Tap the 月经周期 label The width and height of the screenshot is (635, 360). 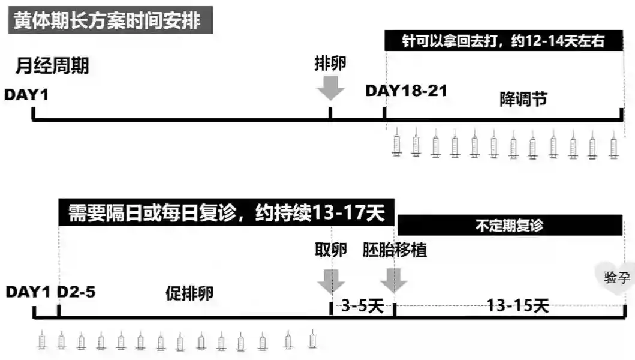click(x=52, y=65)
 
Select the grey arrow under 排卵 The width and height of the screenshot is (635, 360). click(x=330, y=88)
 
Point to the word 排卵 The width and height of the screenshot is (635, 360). click(x=330, y=64)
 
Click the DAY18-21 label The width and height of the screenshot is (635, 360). click(x=407, y=91)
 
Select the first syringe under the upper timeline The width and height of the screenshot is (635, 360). click(x=396, y=145)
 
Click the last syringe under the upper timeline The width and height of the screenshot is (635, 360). click(x=613, y=145)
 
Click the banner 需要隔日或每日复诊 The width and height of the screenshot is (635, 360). click(x=226, y=212)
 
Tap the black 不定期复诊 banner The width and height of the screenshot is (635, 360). click(x=510, y=226)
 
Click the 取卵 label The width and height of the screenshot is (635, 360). click(x=330, y=250)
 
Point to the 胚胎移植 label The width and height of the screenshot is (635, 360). click(x=395, y=250)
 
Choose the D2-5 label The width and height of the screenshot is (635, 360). click(x=76, y=292)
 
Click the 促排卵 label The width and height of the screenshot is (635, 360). click(x=189, y=293)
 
